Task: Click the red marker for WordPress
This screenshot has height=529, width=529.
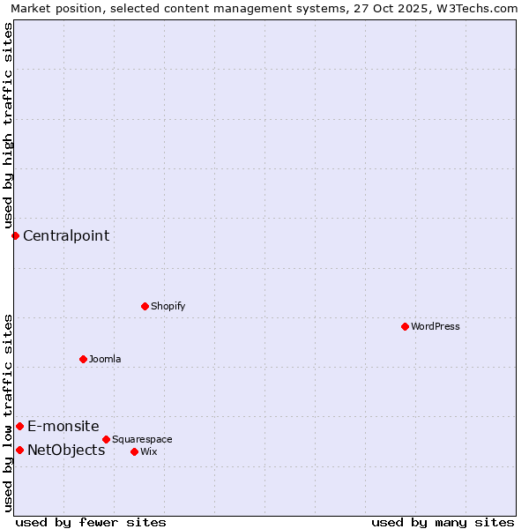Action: tap(405, 326)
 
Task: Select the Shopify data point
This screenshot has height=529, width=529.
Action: tap(145, 306)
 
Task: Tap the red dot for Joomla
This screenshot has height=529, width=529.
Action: tap(83, 359)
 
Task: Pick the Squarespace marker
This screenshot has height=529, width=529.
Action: tap(106, 439)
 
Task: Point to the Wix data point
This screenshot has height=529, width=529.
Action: tap(134, 451)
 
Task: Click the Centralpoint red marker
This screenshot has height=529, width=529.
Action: tap(15, 235)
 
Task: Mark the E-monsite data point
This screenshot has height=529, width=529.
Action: tap(19, 426)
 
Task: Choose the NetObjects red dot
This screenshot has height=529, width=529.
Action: tap(19, 450)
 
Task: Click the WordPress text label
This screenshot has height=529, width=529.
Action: tap(436, 326)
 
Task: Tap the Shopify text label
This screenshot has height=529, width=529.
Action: tap(168, 306)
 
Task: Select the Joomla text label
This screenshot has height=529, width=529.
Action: tap(105, 359)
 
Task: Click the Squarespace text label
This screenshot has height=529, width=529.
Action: tap(142, 439)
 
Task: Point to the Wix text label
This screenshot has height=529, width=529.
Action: tap(148, 451)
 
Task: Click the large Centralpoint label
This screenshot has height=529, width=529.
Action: tap(66, 235)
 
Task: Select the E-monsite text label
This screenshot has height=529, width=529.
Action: tap(63, 426)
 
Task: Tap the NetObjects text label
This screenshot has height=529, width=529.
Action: tap(66, 450)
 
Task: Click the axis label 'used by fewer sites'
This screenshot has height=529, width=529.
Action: tap(91, 522)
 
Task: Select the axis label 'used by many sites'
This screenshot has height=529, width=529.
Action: tap(443, 522)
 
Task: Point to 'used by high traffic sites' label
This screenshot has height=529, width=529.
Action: tap(8, 125)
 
